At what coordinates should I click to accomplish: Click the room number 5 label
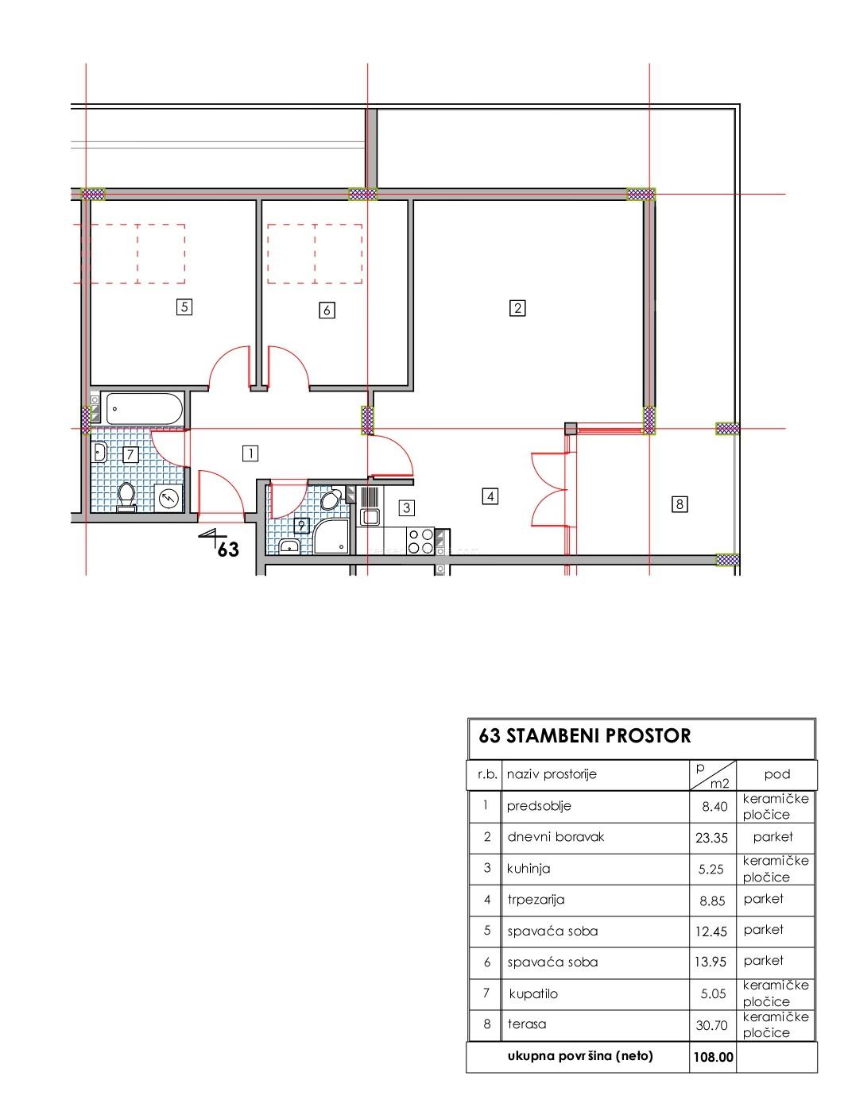184,307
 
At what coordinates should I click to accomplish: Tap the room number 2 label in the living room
517,308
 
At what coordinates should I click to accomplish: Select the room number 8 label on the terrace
680,504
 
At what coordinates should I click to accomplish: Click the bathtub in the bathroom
144,409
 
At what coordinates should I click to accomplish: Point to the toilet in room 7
126,496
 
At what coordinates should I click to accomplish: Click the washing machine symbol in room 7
168,499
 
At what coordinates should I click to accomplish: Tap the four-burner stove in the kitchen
420,541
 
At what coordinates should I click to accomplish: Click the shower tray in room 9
331,537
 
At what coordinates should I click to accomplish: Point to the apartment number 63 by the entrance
228,550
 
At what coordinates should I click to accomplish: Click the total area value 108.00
713,1057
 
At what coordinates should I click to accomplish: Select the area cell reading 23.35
711,838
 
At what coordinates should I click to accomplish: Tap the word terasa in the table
527,1024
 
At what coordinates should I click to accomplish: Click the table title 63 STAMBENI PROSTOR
584,735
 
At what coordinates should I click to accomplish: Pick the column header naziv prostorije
552,774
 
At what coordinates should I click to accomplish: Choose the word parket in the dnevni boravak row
772,836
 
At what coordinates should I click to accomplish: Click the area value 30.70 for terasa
711,1025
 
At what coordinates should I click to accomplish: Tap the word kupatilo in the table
533,993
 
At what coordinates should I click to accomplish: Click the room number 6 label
327,310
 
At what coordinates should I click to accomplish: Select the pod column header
777,774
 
